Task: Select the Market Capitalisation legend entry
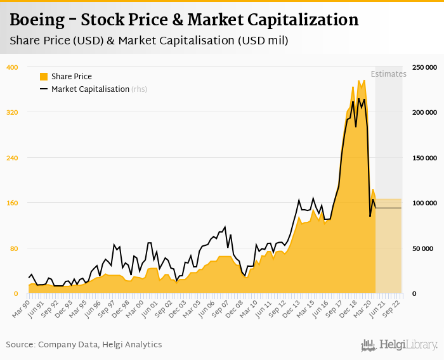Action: pyautogui.click(x=90, y=89)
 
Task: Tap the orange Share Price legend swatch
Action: pyautogui.click(x=44, y=76)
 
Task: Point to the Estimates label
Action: pyautogui.click(x=388, y=74)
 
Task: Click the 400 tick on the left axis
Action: pyautogui.click(x=12, y=67)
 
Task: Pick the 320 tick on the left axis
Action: pyautogui.click(x=12, y=112)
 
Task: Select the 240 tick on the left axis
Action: pyautogui.click(x=12, y=158)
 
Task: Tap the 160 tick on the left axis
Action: pyautogui.click(x=12, y=203)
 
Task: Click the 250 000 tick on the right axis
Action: pyautogui.click(x=424, y=67)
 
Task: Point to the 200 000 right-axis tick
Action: pyautogui.click(x=424, y=112)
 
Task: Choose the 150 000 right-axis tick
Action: pyautogui.click(x=424, y=158)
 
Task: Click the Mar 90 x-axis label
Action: pyautogui.click(x=22, y=305)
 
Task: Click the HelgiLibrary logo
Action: pyautogui.click(x=399, y=345)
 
